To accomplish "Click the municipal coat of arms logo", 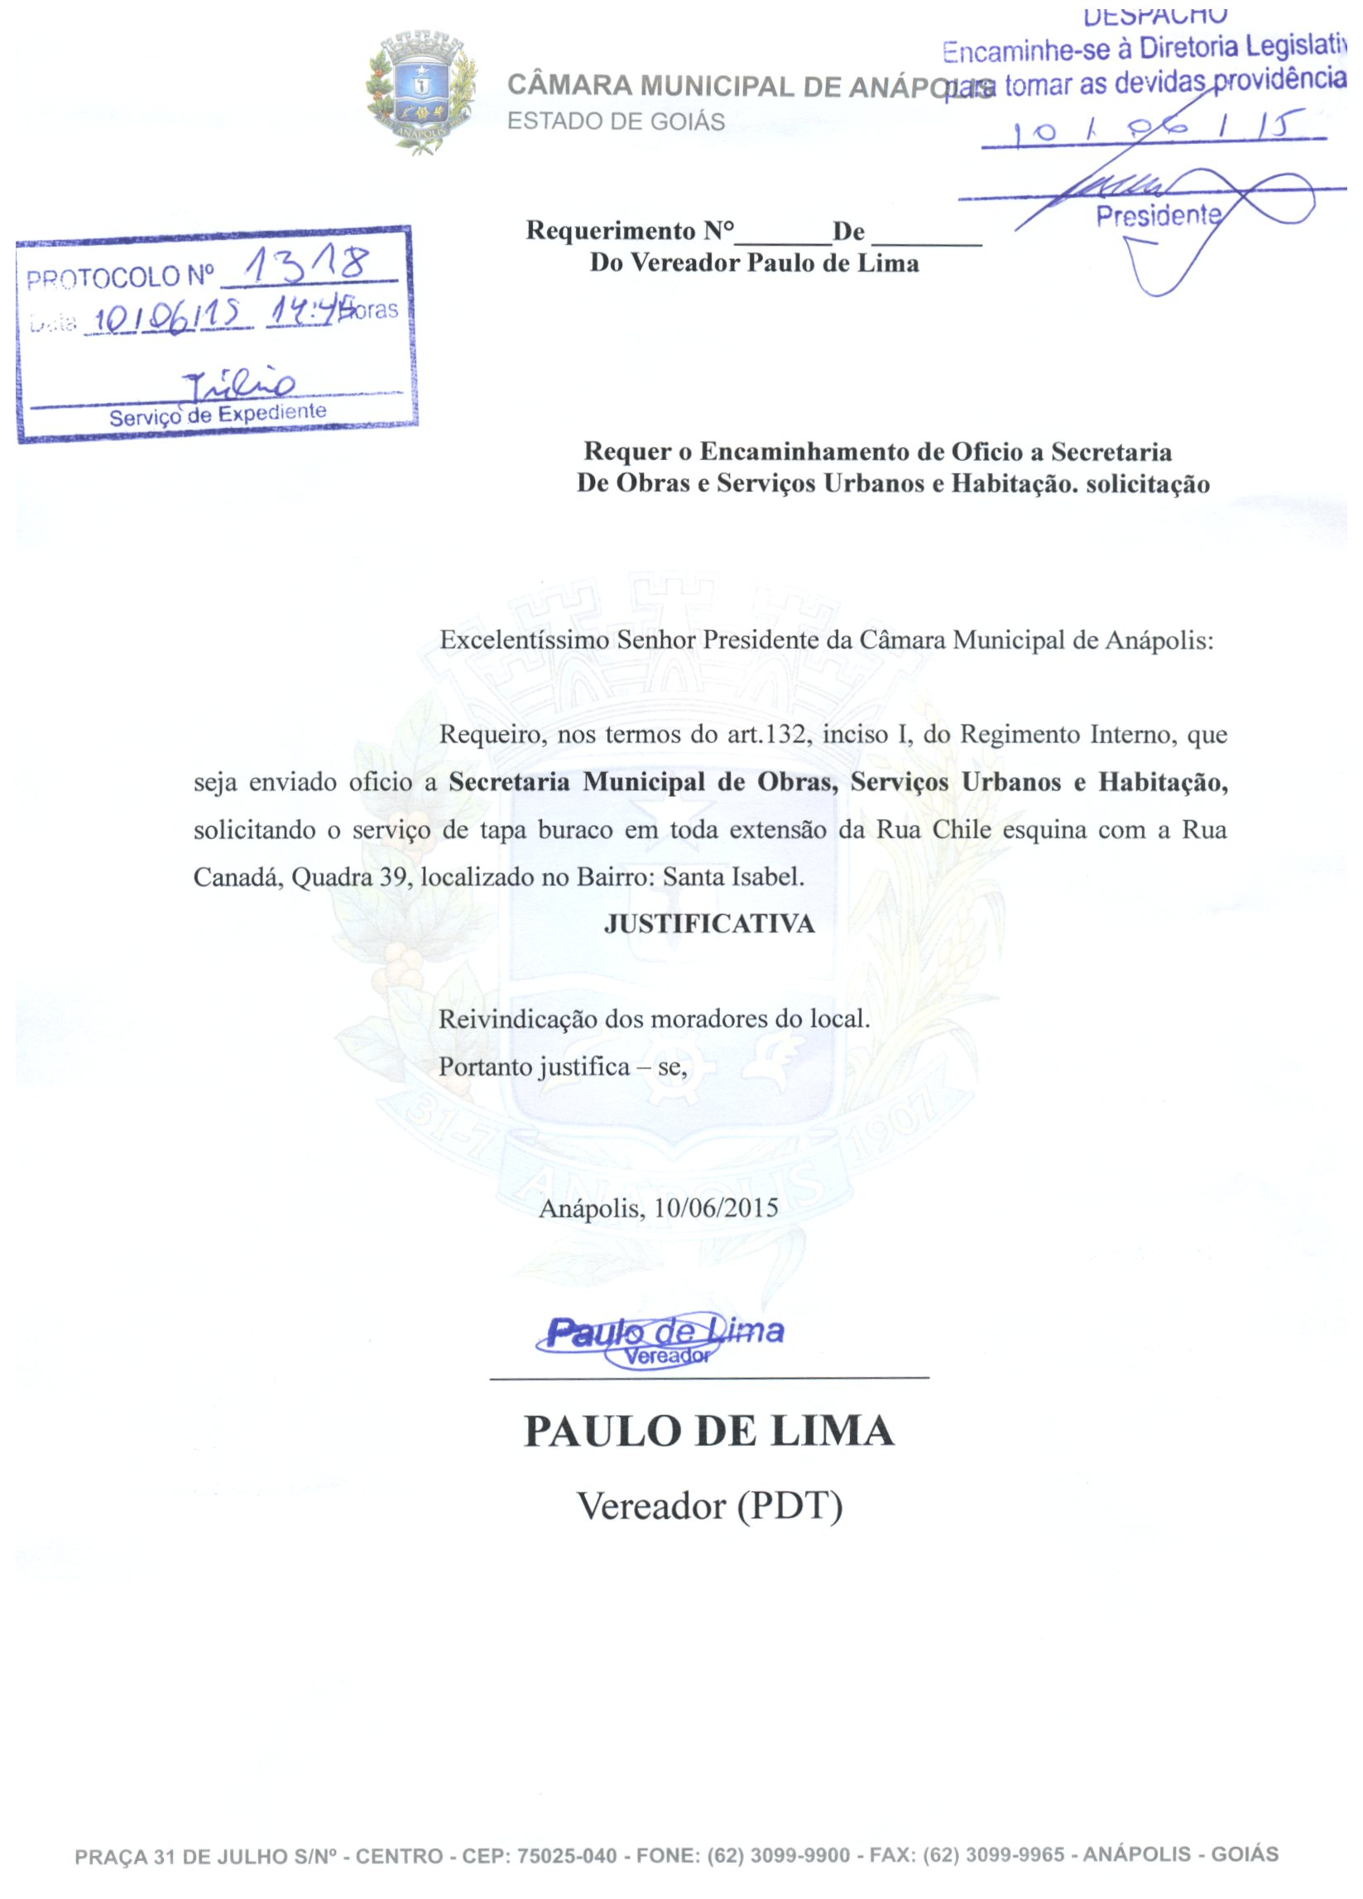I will (423, 92).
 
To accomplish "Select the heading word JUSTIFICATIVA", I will (709, 923).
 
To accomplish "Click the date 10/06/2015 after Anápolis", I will (716, 1208).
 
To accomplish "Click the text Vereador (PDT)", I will (709, 1507).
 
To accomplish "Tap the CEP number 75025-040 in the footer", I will (567, 1854).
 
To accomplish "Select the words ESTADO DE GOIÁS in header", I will (617, 122).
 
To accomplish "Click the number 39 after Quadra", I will (391, 877).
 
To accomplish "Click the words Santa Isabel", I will (732, 877).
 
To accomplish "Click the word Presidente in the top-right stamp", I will (1159, 216).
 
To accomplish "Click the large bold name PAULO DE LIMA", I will (709, 1431).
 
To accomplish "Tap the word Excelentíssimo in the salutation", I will (525, 640).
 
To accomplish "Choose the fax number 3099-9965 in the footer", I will (1016, 1854).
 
